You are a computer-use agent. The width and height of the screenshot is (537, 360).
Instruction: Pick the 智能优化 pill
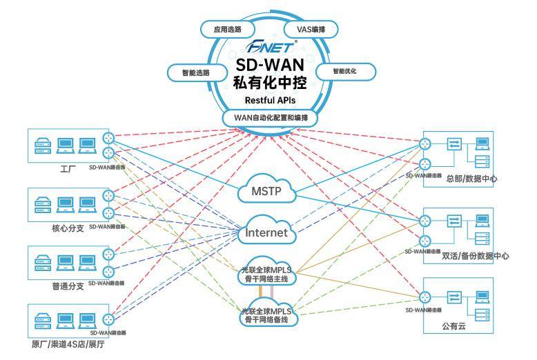pos(346,71)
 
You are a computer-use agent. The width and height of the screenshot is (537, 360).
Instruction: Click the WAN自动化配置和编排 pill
pos(270,118)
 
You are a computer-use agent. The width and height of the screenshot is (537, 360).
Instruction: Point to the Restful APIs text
pos(270,101)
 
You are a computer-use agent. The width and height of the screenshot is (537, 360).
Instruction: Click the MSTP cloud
pos(266,190)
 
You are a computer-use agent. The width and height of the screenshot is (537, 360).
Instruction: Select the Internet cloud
pos(266,232)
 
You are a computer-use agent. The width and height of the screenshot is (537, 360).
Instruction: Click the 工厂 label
pos(67,168)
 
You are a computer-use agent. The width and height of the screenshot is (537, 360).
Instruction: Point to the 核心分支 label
pos(68,228)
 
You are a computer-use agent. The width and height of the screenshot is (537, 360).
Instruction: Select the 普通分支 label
pos(68,285)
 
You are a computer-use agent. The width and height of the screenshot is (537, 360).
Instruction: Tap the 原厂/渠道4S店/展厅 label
pos(68,344)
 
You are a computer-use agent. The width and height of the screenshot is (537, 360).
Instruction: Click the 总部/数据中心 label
pos(471,179)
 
